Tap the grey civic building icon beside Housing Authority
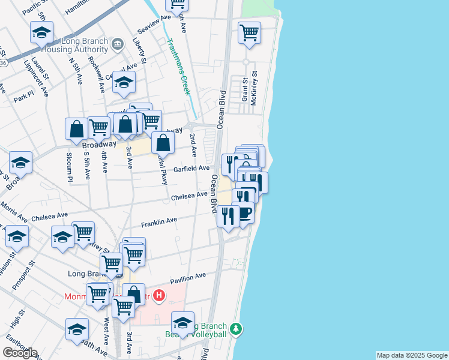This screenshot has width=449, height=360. click(118, 43)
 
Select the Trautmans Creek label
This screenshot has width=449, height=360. click(178, 66)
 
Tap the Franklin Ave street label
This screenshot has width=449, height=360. click(159, 223)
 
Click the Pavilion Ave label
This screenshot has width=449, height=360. click(188, 277)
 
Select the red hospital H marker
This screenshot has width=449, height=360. click(158, 295)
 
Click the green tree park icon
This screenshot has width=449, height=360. click(237, 329)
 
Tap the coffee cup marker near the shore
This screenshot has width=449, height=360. click(244, 213)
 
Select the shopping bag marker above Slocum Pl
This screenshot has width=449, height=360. click(77, 128)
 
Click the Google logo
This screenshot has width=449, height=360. click(20, 353)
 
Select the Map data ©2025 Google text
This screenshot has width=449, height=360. click(412, 355)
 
